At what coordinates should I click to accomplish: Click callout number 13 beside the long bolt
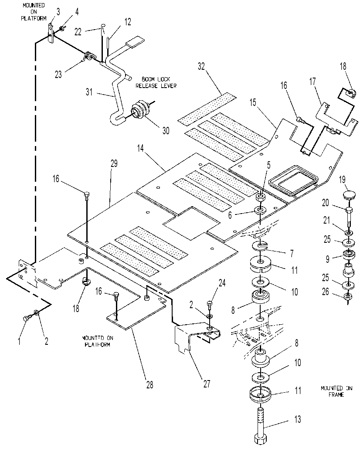pos(297,419)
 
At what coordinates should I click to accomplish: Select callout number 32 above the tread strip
pos(201,66)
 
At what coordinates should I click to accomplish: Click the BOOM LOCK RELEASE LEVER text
pos(156,82)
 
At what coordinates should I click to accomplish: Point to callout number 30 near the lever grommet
pos(166,131)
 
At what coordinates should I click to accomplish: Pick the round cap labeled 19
pos(349,195)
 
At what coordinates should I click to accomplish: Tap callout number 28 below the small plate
pos(149,384)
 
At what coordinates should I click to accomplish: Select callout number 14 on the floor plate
pos(140,148)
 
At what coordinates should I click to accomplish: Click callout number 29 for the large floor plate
pos(114,163)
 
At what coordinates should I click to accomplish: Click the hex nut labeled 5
pos(260,197)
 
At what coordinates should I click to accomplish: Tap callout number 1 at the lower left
pos(19,341)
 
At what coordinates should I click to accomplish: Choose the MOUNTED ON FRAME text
pos(336,391)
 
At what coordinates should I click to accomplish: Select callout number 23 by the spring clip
pos(58,75)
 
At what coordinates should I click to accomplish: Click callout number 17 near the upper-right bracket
pos(313,82)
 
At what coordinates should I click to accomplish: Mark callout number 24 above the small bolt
pos(222,283)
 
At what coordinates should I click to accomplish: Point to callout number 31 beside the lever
pos(89,92)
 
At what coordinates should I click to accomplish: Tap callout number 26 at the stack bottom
pos(326,292)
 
